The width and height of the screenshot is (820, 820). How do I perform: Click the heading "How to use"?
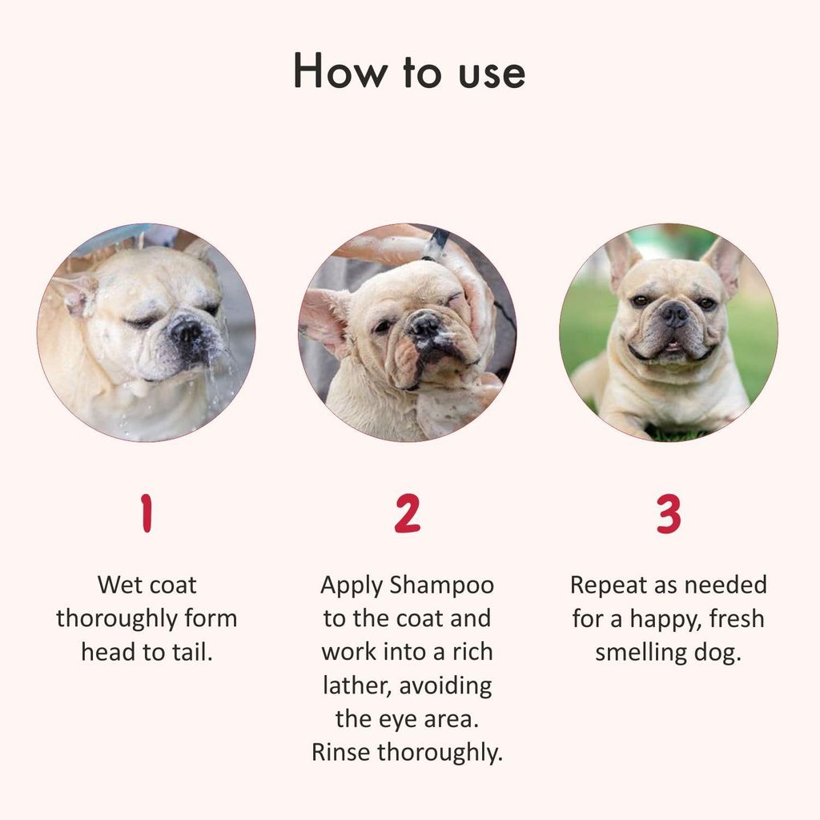[x=409, y=71]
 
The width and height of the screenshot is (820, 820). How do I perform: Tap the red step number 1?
[x=146, y=513]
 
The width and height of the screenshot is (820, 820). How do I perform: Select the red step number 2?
[x=407, y=513]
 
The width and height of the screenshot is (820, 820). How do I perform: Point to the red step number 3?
[x=669, y=513]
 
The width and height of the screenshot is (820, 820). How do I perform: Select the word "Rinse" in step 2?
[x=341, y=752]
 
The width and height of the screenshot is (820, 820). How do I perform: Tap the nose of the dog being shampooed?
[x=425, y=324]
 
